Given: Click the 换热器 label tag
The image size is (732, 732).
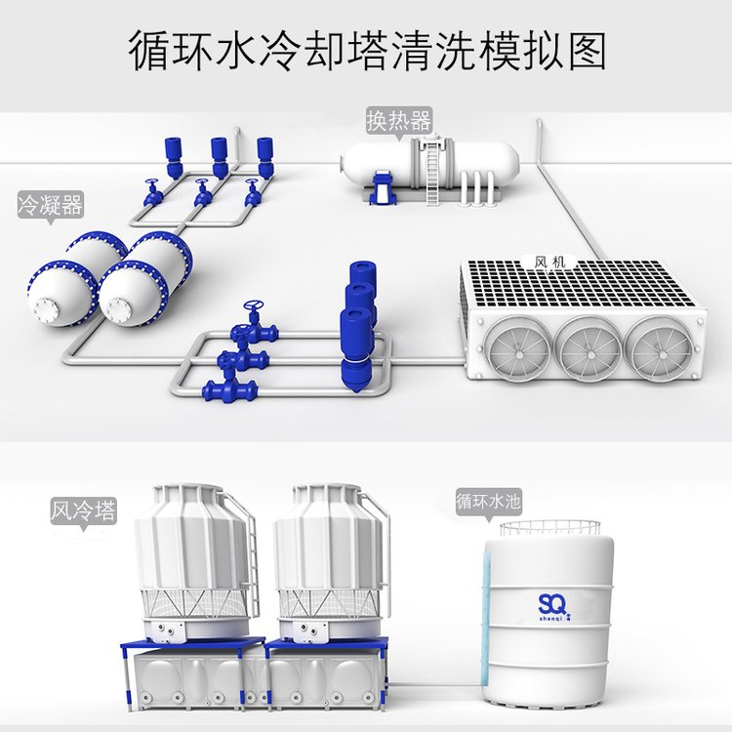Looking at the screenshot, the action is click(x=398, y=122).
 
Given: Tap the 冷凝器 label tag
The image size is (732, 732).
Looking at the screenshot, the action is click(x=51, y=205).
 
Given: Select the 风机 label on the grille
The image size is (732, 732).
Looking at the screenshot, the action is click(x=549, y=263).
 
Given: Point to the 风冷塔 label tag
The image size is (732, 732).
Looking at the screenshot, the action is click(x=83, y=511).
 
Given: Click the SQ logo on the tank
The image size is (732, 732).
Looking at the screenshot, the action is click(x=554, y=606).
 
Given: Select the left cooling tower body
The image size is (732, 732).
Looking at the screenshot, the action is click(x=192, y=560).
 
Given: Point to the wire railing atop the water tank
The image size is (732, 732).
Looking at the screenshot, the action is click(x=549, y=530).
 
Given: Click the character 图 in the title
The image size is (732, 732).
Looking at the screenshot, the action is click(x=588, y=52).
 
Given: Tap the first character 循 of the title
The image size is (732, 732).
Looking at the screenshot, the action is click(x=148, y=52).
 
